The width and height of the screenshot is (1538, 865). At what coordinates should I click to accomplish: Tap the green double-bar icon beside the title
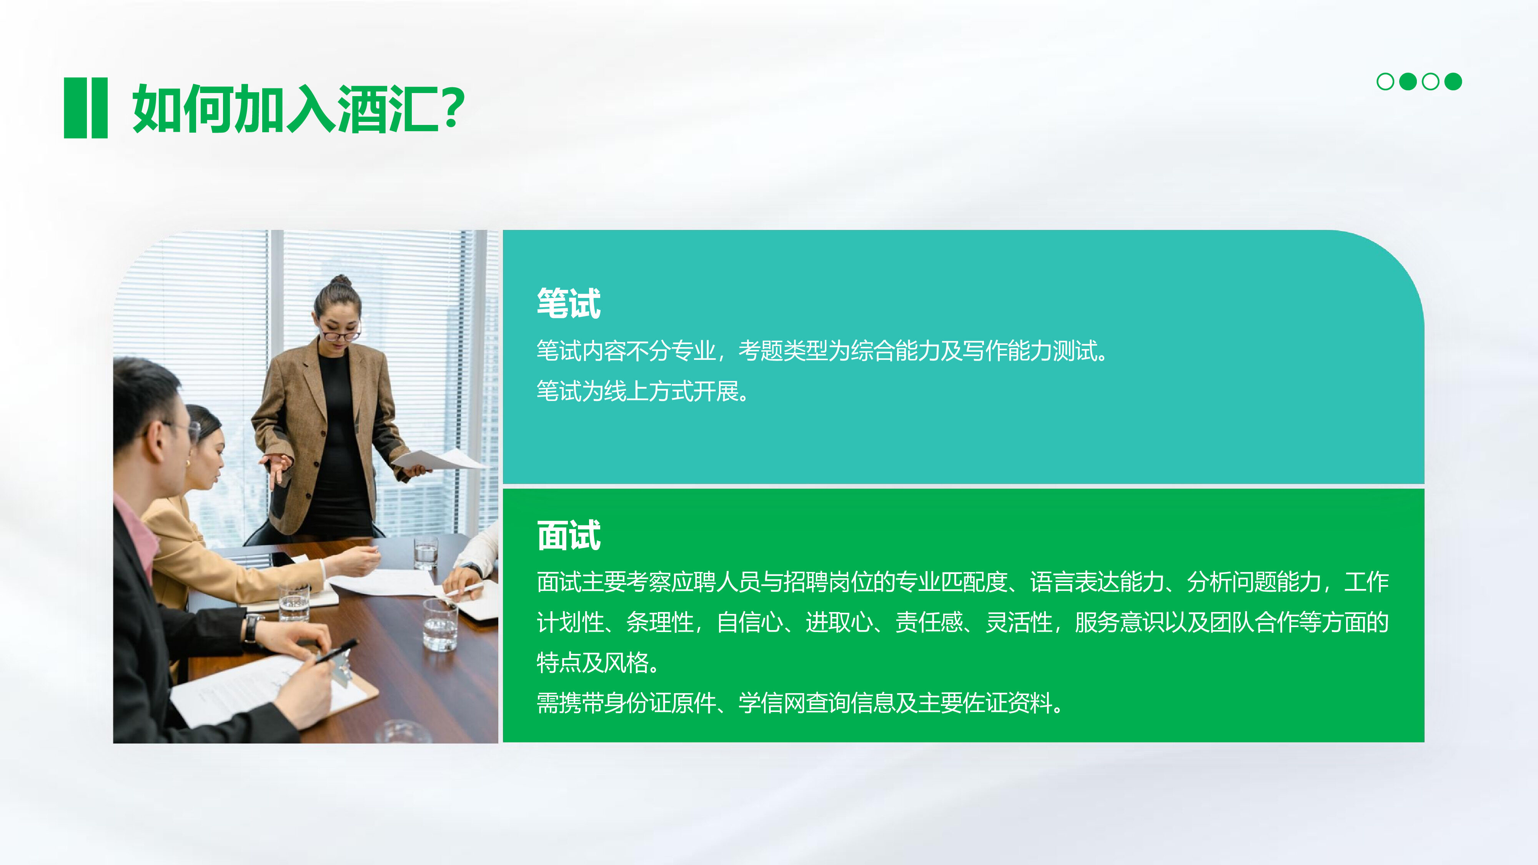tap(85, 108)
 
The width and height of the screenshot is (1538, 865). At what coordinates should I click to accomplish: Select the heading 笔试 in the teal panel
tap(568, 303)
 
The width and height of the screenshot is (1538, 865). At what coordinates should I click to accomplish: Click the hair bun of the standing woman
tap(341, 281)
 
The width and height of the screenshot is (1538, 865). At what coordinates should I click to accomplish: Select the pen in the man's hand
tap(337, 651)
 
